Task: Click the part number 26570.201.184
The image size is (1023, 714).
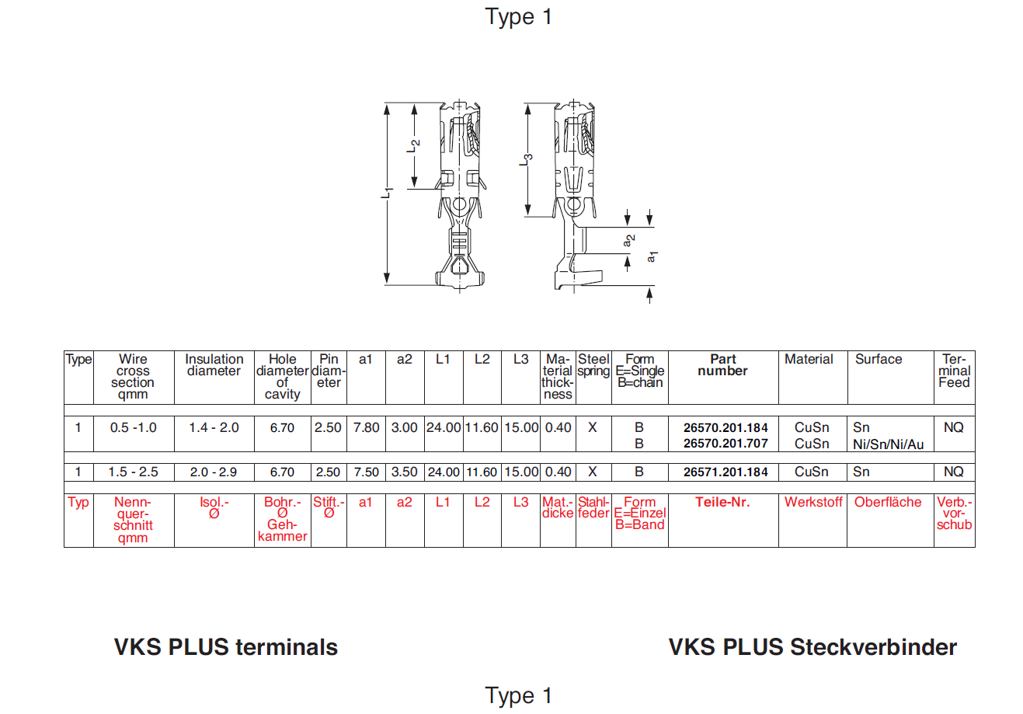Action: point(725,427)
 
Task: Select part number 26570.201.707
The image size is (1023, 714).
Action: point(725,444)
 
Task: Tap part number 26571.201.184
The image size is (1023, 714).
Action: point(725,472)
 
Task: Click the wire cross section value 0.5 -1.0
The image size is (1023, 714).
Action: point(133,427)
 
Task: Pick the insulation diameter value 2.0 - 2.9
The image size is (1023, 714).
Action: point(214,472)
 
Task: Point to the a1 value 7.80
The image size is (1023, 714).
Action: point(366,427)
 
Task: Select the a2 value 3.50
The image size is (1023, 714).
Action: point(404,472)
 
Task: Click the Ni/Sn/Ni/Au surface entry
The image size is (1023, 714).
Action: point(889,444)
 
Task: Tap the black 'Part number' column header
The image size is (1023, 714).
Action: point(722,365)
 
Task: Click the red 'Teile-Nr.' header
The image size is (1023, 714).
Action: point(722,502)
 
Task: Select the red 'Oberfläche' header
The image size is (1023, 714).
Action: point(888,502)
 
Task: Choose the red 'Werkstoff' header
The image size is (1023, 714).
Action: point(813,502)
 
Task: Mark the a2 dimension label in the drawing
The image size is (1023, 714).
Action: point(629,241)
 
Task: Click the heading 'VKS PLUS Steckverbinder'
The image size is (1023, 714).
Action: point(812,647)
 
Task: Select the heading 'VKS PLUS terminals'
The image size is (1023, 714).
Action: point(226,647)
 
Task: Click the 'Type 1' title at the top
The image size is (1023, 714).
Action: point(518,16)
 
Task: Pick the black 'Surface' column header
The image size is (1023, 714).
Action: point(879,359)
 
